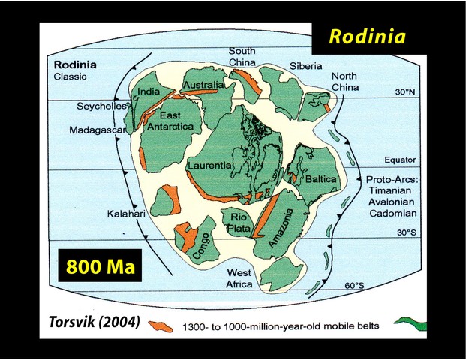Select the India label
point(148,93)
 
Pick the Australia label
point(203,85)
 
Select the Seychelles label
point(101,106)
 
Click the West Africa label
point(239,278)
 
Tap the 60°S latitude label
point(355,286)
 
